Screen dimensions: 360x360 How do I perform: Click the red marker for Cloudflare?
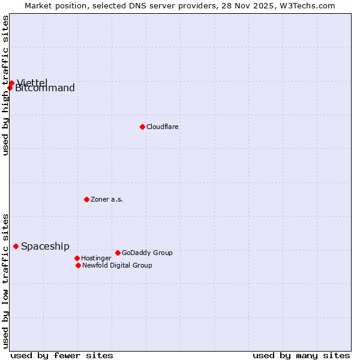[142, 127]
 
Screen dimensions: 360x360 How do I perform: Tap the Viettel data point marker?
[11, 83]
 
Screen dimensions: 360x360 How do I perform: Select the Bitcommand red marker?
[10, 88]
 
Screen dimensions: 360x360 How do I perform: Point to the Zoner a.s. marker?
[86, 199]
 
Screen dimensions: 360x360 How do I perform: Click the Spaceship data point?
[16, 246]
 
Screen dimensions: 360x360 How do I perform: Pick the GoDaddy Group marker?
[118, 253]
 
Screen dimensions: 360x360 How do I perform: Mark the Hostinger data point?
[77, 258]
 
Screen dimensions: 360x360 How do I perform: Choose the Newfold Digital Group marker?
[78, 265]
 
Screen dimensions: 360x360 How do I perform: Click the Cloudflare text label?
[163, 127]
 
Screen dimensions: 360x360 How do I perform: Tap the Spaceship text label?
[45, 246]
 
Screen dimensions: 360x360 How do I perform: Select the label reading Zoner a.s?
[107, 199]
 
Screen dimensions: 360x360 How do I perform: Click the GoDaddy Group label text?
[147, 253]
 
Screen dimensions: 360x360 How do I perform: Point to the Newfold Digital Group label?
[117, 265]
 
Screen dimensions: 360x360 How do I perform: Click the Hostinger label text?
[96, 258]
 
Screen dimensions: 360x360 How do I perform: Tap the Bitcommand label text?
[45, 89]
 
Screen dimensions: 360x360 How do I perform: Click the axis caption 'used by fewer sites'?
[62, 355]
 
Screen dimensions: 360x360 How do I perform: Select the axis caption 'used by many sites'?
[301, 355]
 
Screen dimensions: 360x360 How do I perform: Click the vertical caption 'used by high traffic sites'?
[5, 85]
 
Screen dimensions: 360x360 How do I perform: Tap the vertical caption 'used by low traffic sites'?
[5, 281]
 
